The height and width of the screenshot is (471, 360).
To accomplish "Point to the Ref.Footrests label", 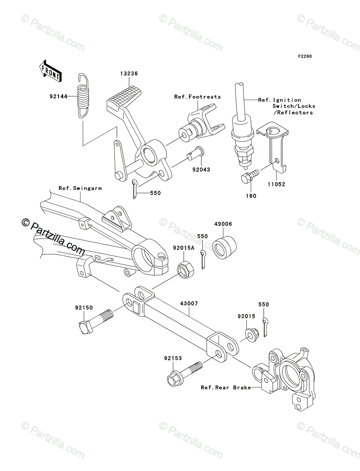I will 197,97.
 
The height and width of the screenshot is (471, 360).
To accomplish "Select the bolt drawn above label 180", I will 249,175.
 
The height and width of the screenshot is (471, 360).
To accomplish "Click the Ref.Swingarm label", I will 80,188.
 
